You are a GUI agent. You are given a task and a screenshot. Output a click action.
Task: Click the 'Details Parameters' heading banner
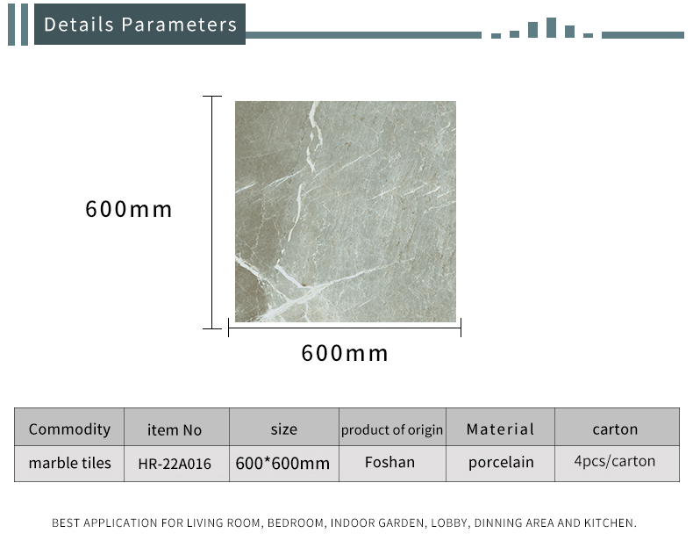(x=139, y=25)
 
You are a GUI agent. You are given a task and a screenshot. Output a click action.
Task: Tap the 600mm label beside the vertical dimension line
(x=128, y=209)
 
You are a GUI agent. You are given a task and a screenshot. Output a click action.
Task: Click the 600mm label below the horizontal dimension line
(x=344, y=353)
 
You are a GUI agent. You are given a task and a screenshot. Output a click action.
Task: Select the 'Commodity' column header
(x=69, y=429)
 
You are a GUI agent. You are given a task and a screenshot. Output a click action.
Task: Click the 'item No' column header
(x=175, y=429)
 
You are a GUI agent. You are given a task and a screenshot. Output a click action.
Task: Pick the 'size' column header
(x=283, y=429)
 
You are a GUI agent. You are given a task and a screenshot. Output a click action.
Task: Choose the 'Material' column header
(x=500, y=429)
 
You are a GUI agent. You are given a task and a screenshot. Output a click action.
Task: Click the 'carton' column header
(x=615, y=429)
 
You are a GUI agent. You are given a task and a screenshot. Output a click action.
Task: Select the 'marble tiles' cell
(x=70, y=463)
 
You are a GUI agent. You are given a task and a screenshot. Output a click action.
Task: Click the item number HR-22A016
(x=175, y=464)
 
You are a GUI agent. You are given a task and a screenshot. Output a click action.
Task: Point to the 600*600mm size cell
(x=282, y=464)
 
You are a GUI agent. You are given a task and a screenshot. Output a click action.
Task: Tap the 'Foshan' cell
(x=389, y=462)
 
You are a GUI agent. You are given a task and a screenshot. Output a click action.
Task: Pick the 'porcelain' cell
(x=501, y=463)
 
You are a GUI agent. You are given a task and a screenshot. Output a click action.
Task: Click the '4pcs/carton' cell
(x=615, y=461)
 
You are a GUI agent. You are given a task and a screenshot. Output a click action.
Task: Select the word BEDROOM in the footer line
(x=296, y=523)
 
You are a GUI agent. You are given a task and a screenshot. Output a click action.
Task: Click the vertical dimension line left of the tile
(x=212, y=213)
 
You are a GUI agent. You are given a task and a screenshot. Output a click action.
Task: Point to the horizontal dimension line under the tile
(x=345, y=328)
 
